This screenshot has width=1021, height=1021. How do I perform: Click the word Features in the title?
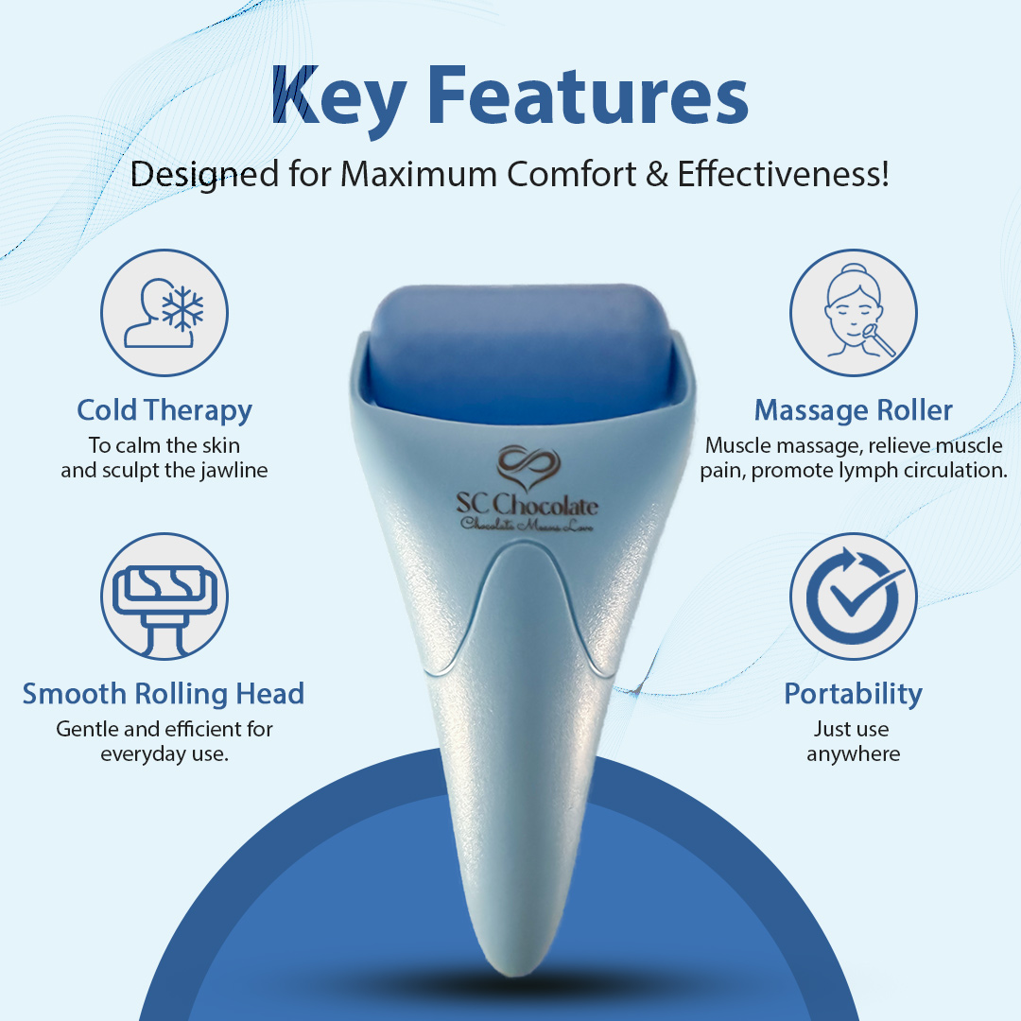point(588,95)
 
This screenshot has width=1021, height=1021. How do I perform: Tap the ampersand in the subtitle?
point(657,175)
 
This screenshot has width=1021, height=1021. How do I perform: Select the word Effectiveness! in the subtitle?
point(784,174)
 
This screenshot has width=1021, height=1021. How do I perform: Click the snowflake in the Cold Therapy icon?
point(182,307)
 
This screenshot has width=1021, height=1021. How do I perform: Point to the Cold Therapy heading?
point(164,411)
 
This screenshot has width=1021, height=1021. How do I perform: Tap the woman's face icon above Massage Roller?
point(853,312)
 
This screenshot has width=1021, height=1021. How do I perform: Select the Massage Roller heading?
point(853,411)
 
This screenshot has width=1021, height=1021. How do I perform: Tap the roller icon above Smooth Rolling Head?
point(164,597)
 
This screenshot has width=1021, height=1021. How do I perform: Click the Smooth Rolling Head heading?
point(164,695)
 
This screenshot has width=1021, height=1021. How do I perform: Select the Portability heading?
point(853,695)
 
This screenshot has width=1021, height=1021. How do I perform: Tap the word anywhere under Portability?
point(853,754)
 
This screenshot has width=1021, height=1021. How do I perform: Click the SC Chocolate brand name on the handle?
point(527,504)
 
